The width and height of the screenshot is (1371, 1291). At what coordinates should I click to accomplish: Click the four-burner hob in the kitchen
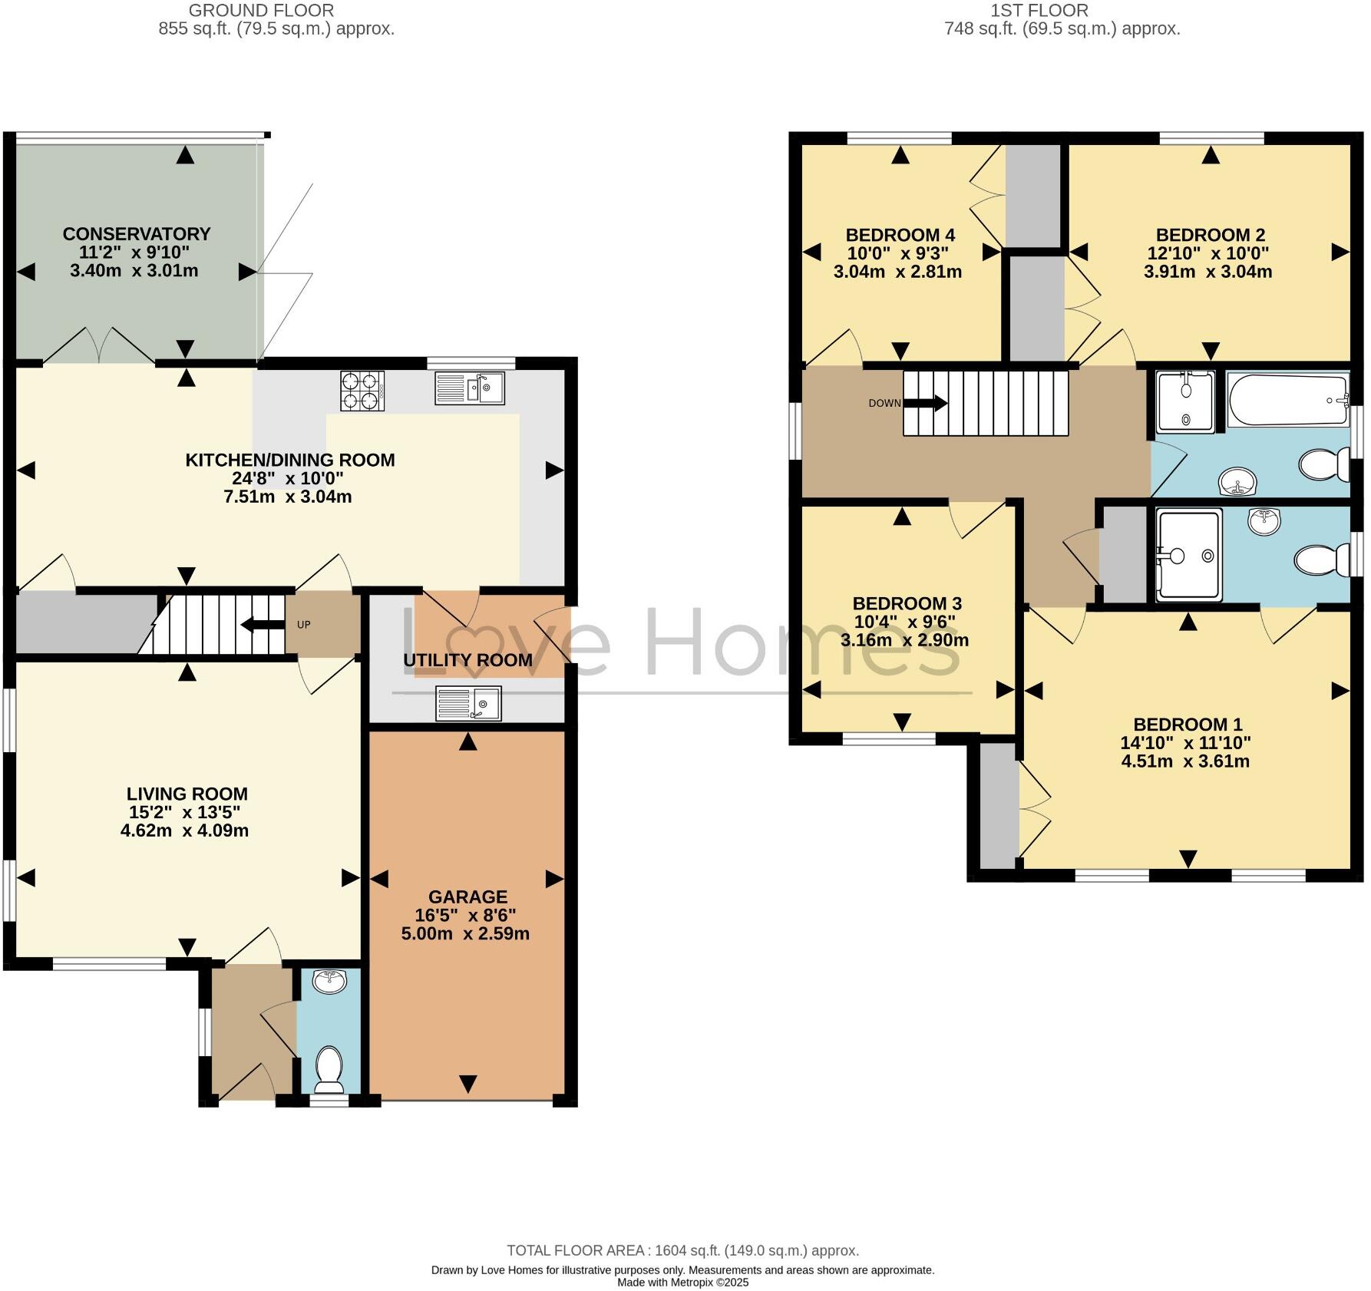tap(362, 391)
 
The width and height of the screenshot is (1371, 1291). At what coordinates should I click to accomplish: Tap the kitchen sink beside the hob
tap(469, 388)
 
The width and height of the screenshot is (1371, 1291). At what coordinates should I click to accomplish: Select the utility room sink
tap(468, 703)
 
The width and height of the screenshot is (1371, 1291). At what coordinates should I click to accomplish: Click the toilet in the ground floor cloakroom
tap(330, 1068)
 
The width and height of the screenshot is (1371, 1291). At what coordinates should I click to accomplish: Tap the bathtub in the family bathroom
tap(1288, 400)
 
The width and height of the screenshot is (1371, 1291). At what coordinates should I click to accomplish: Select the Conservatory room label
tap(137, 233)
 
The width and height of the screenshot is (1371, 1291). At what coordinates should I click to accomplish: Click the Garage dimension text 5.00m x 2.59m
tap(465, 933)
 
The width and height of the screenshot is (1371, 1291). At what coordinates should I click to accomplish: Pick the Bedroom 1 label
tap(1188, 724)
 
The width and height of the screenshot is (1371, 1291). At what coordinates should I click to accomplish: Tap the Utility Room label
tap(467, 660)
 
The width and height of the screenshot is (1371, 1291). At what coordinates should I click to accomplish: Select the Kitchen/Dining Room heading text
tap(290, 460)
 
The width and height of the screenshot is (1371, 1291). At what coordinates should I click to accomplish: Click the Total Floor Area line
tap(682, 1250)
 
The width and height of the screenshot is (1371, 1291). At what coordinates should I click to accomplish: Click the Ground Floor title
tap(261, 11)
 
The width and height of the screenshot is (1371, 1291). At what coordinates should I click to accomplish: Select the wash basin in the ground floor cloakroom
tap(330, 980)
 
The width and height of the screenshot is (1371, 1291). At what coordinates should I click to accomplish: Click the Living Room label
tap(187, 794)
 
